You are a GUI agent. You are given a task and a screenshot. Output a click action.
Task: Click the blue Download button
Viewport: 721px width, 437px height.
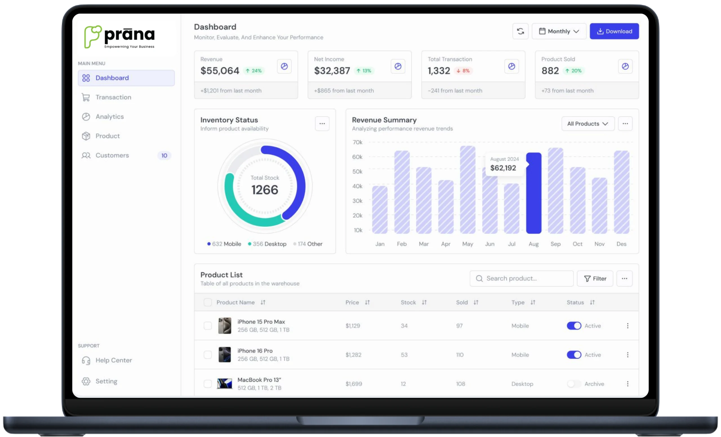(x=614, y=31)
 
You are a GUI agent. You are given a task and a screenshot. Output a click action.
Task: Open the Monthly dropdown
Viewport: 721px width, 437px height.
(x=559, y=31)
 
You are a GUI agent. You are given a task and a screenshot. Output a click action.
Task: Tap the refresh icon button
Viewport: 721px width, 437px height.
(x=520, y=31)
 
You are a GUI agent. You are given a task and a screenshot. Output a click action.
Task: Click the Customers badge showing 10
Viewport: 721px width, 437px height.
(x=164, y=156)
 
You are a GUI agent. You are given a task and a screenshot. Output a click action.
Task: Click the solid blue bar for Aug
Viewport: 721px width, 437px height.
(x=534, y=193)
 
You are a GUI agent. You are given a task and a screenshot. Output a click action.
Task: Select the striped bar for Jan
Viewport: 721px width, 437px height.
(x=380, y=210)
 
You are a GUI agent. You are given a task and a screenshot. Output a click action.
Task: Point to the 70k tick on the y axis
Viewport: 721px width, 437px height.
(x=358, y=142)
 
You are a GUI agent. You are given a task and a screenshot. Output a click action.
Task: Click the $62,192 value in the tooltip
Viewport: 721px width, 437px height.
(x=503, y=168)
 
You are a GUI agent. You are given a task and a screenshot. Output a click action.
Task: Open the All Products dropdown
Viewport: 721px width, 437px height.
(x=588, y=124)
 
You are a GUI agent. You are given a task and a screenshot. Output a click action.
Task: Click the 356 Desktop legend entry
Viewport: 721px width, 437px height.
(x=267, y=244)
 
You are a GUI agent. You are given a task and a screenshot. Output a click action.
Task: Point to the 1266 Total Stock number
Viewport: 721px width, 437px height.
(x=265, y=190)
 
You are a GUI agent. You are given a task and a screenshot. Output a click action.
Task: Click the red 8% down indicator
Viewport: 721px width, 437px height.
(x=463, y=71)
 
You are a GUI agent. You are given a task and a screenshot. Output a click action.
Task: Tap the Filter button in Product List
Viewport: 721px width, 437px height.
(x=595, y=279)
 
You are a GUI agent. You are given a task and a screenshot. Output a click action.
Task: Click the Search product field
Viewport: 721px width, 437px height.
(x=521, y=279)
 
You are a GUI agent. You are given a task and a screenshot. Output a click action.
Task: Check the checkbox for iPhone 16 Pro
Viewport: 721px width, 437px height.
(x=208, y=355)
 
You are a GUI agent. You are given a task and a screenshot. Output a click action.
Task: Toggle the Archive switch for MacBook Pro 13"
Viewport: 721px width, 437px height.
(x=574, y=384)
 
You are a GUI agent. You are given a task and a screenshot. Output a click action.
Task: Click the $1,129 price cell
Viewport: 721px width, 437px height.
(x=353, y=326)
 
